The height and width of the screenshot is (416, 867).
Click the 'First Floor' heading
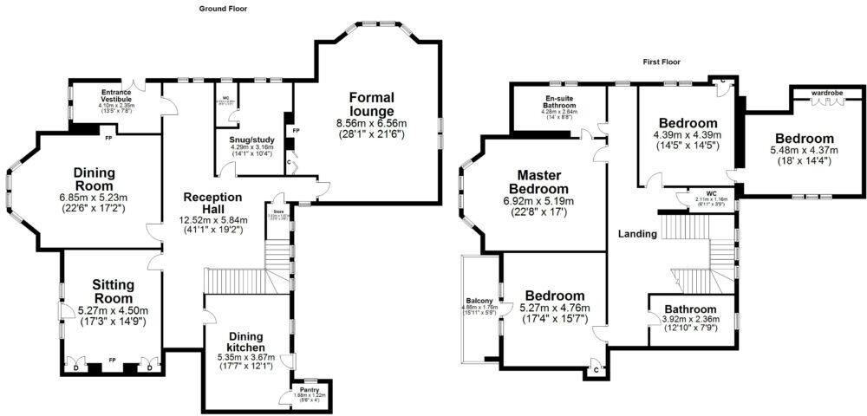click(x=663, y=62)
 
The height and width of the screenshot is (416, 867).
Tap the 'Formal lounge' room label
click(x=373, y=104)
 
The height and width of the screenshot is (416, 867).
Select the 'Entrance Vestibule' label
click(x=115, y=94)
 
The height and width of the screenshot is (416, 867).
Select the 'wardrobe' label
click(x=826, y=91)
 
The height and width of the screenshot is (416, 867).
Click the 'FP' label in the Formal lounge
click(x=297, y=130)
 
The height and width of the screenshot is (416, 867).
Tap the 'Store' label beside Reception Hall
click(x=278, y=211)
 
